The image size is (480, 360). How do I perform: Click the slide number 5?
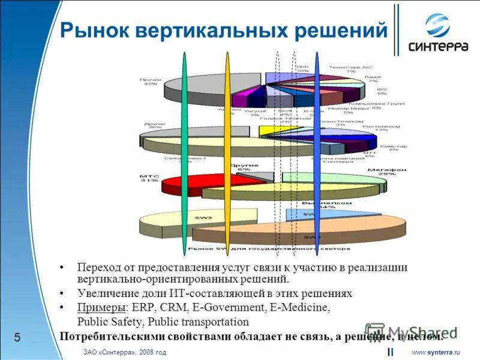(x=17, y=338)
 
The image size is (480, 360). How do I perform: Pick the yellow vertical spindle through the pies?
(x=227, y=150)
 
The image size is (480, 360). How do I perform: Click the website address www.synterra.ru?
(x=435, y=352)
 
